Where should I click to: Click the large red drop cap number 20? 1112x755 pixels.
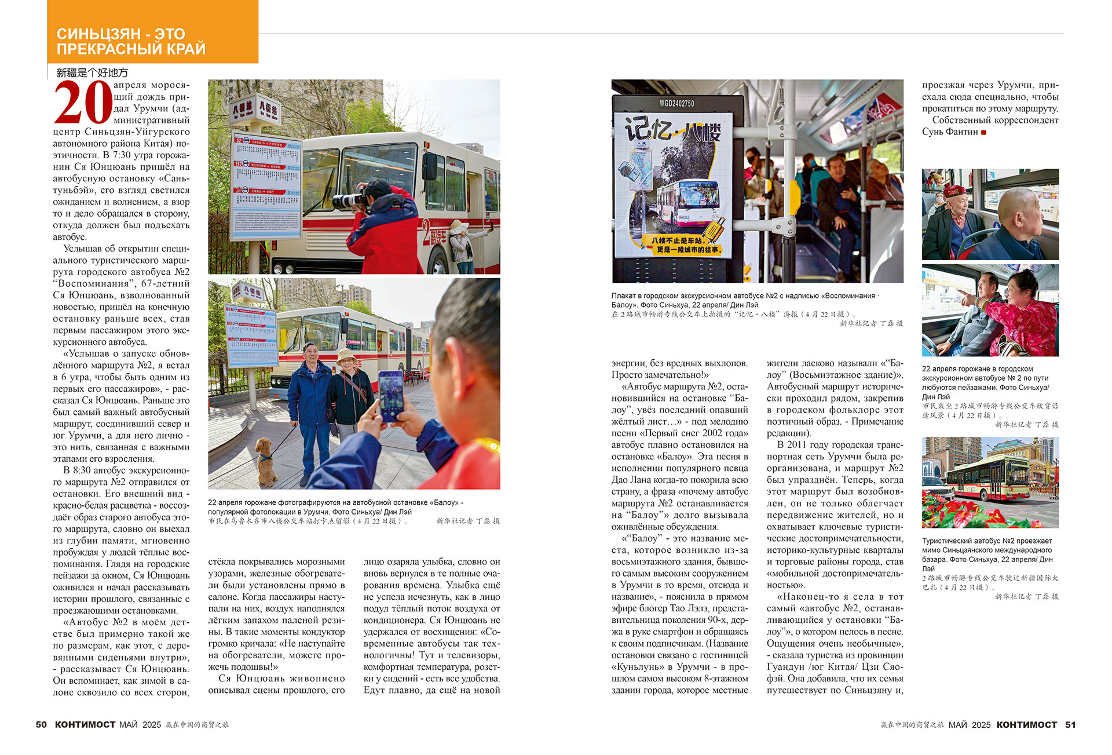coord(83,103)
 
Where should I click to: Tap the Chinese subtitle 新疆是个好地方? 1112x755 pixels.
coord(92,72)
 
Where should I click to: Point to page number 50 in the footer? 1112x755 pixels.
coord(41,724)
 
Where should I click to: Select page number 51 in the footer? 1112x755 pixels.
coord(1070,724)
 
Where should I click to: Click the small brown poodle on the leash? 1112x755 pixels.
coord(266,461)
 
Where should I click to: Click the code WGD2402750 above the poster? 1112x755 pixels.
coord(676,103)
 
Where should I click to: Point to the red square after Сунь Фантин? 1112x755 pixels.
coord(983,133)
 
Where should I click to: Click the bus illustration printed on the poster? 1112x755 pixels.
coord(687,202)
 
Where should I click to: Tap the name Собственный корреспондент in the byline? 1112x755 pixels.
coord(995,120)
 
